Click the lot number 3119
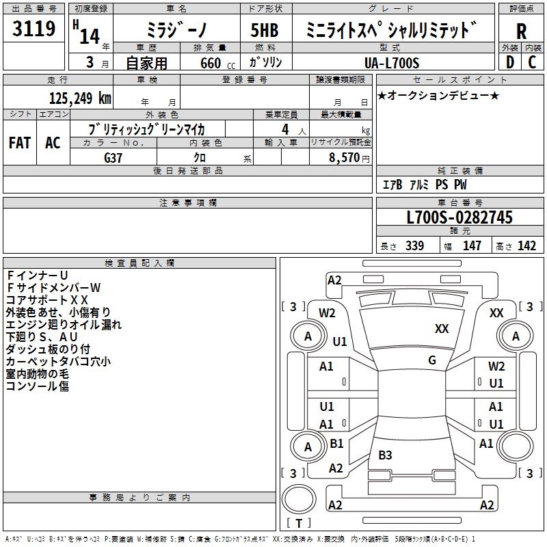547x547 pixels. (34, 29)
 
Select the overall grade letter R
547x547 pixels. (521, 31)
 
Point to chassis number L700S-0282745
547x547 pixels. (459, 218)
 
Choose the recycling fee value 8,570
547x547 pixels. (341, 157)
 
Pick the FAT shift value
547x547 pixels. (20, 142)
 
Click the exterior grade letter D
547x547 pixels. (509, 62)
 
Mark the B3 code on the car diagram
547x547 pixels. (386, 455)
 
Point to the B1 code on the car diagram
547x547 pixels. (336, 444)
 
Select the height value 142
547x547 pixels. (526, 246)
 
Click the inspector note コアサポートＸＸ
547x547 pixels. (47, 299)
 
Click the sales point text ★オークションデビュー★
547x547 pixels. (438, 96)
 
